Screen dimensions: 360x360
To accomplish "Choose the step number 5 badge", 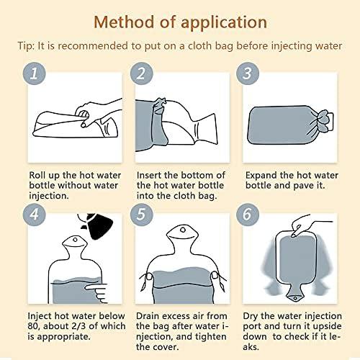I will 141,214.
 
